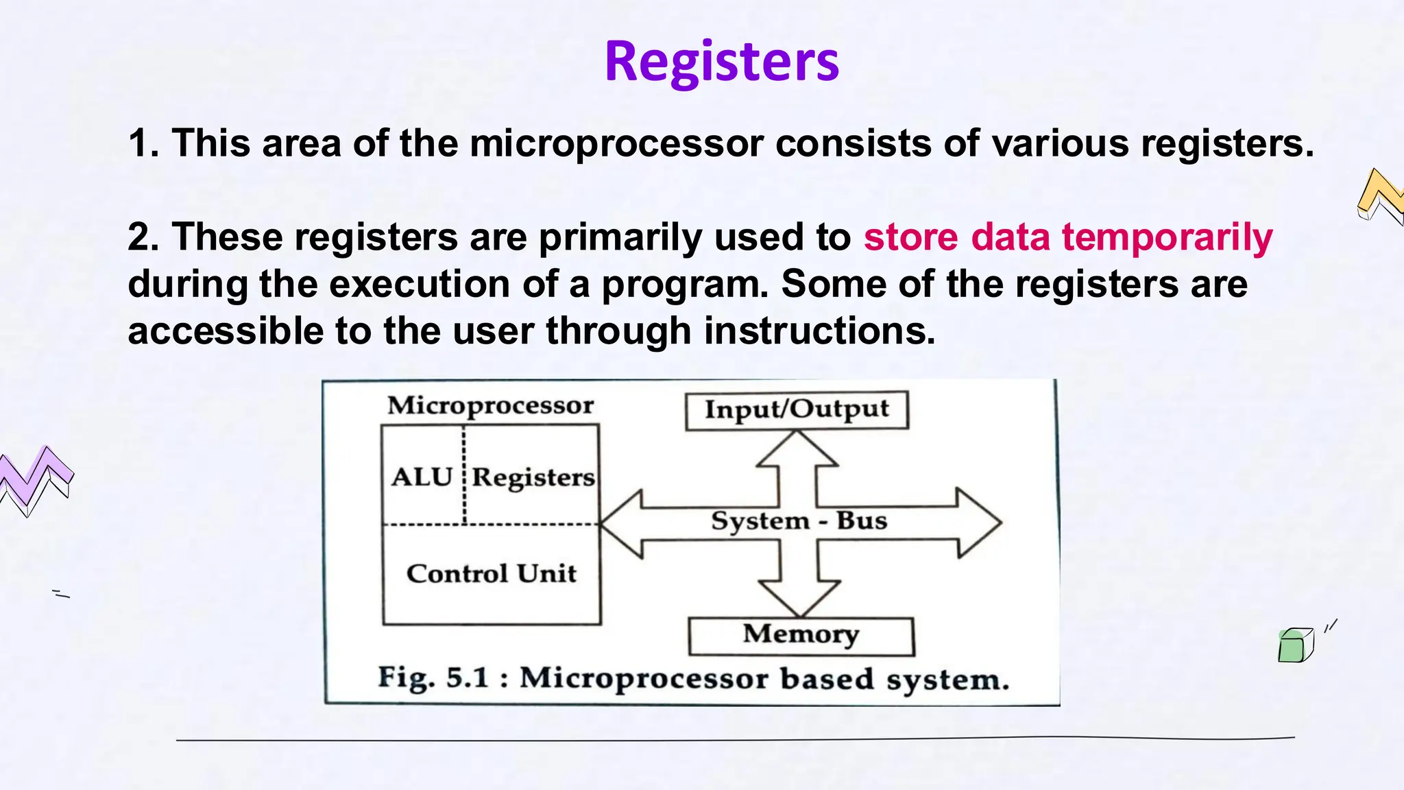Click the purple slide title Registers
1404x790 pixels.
[x=721, y=62]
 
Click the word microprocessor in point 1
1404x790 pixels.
[x=616, y=143]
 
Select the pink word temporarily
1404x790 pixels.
[x=1167, y=237]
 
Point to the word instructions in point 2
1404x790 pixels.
[x=819, y=331]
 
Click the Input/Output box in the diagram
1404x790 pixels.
[x=797, y=410]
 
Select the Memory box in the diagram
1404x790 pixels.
[x=801, y=635]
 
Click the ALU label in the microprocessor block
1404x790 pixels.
[x=422, y=477]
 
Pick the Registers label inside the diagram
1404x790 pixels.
[x=533, y=477]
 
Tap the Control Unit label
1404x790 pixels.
[x=491, y=573]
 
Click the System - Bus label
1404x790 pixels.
[x=799, y=521]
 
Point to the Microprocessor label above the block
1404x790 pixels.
[x=490, y=405]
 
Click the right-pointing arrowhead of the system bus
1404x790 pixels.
[x=980, y=523]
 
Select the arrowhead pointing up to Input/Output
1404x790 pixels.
[x=797, y=449]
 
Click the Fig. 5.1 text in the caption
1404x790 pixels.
[x=433, y=678]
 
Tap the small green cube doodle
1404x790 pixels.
[x=1294, y=645]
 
